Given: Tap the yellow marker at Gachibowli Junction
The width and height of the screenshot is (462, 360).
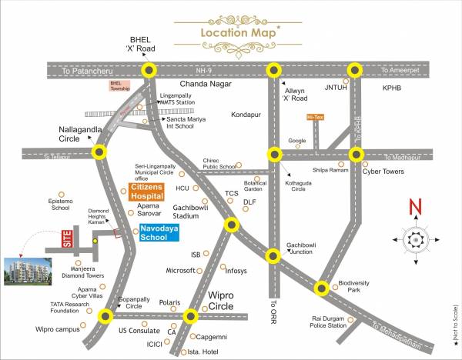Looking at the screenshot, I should (x=271, y=256).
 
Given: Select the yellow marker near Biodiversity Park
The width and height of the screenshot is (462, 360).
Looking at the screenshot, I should (x=322, y=288).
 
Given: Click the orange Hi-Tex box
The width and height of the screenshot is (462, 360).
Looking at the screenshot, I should (x=315, y=117).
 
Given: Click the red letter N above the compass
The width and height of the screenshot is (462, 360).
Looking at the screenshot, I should (x=415, y=207).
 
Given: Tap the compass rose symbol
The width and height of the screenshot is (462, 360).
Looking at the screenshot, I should (x=416, y=239).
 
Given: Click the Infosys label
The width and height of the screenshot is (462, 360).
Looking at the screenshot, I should (x=236, y=271).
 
